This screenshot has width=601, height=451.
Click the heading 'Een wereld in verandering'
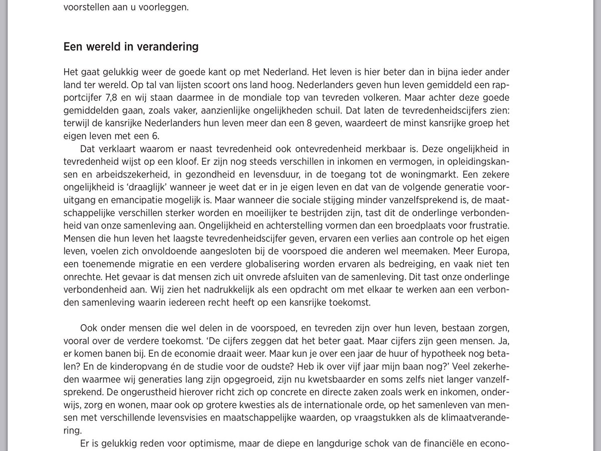click(x=131, y=47)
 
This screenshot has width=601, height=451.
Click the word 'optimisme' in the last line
click(x=226, y=443)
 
